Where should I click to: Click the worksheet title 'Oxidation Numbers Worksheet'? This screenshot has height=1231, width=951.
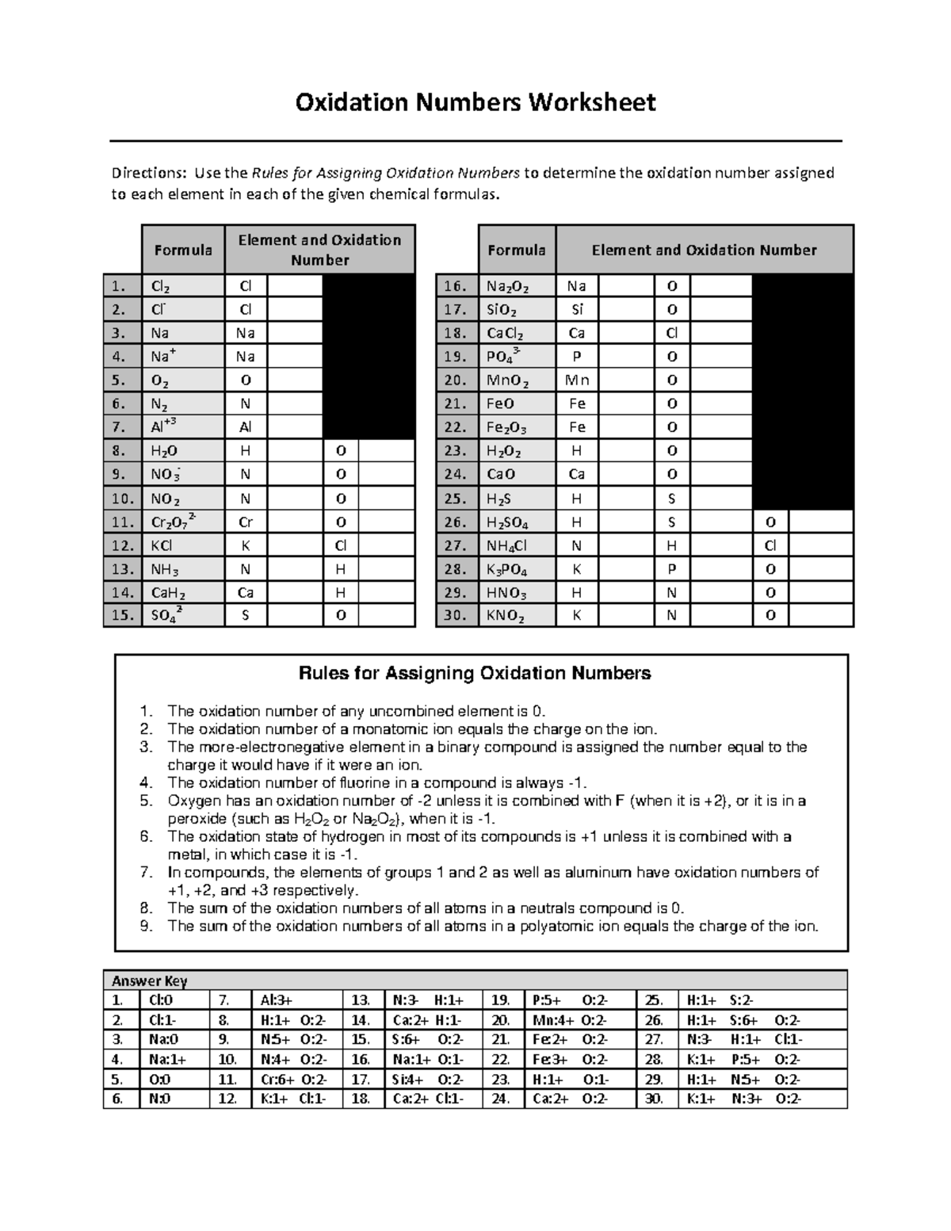click(x=475, y=102)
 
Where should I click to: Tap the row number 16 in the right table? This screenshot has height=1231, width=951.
click(x=457, y=286)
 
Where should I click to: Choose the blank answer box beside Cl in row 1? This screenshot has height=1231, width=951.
click(x=294, y=286)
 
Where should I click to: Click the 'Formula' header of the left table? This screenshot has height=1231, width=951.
click(x=182, y=250)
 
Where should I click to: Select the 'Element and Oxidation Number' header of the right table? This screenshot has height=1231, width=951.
click(x=704, y=250)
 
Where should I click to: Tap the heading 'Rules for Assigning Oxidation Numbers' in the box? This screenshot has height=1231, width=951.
click(x=474, y=673)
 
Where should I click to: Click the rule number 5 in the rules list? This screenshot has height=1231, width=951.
click(x=145, y=801)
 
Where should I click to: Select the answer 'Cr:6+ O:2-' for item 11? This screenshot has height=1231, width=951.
click(x=293, y=1080)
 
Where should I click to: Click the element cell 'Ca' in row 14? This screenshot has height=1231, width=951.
click(x=245, y=592)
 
